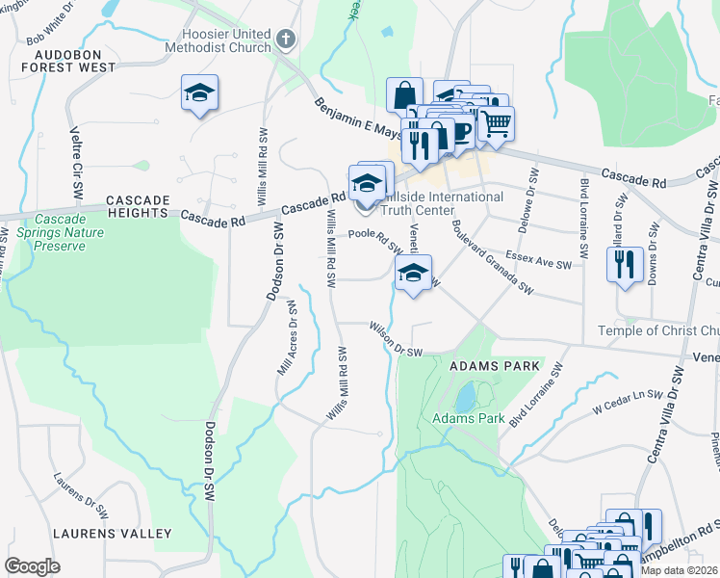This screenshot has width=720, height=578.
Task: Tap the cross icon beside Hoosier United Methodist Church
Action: pyautogui.click(x=284, y=39)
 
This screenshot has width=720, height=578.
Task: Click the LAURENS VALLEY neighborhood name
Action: pyautogui.click(x=113, y=533)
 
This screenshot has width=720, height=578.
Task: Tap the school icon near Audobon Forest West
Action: pyautogui.click(x=199, y=93)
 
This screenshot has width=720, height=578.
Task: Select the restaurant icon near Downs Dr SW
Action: pyautogui.click(x=625, y=262)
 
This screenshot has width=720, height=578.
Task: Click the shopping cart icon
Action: pyautogui.click(x=496, y=123)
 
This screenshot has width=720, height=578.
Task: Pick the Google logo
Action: pyautogui.click(x=32, y=565)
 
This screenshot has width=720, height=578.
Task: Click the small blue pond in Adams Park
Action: pyautogui.click(x=465, y=396)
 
